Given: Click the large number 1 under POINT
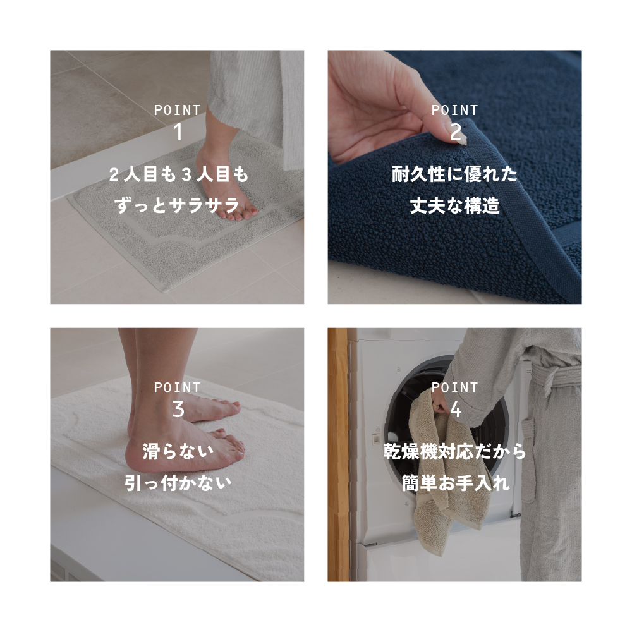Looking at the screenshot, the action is [178, 132].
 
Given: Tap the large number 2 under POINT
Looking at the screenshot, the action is [456, 132].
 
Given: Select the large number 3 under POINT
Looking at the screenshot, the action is [178, 409].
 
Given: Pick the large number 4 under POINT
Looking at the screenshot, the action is [456, 409].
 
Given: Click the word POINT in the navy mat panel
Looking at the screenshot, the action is [454, 110].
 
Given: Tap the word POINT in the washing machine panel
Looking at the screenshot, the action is [454, 387].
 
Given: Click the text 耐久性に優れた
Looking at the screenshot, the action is [454, 174].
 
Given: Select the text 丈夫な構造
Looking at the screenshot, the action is [454, 205].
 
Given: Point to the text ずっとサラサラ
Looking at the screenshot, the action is [178, 205].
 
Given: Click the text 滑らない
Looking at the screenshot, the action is [178, 452].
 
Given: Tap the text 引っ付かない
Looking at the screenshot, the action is [178, 483].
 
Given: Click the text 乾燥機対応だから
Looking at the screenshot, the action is [454, 452].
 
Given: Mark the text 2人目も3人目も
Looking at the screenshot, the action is [178, 174].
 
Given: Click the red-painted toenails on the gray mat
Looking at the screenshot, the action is [240, 214].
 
